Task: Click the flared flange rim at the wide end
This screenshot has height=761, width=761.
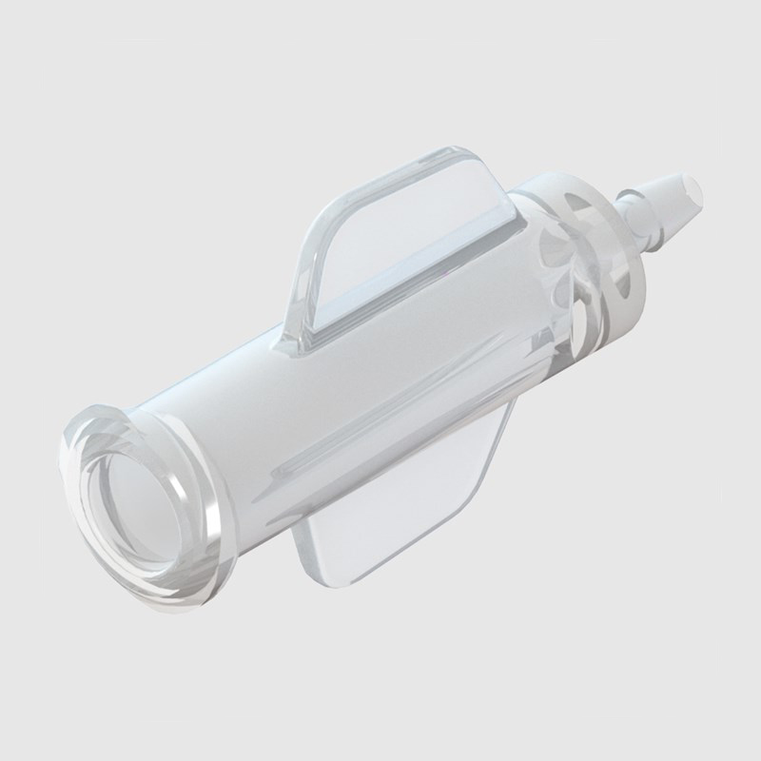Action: pyautogui.click(x=90, y=428)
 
